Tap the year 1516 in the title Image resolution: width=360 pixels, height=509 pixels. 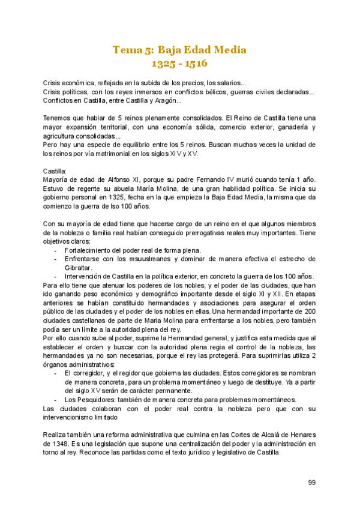(196, 62)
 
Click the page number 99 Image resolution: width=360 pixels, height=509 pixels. (312, 482)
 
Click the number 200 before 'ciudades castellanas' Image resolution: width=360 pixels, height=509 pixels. (309, 312)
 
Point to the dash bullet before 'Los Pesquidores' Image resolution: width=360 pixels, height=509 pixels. (56, 400)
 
